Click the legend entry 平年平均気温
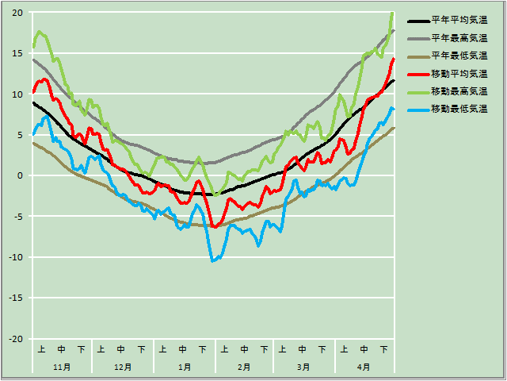459,21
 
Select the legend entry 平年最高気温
459,38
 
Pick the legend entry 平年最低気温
459,56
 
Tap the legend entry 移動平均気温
459,73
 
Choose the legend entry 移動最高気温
459,90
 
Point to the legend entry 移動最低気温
459,108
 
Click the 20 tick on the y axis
17,13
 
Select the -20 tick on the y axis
15,339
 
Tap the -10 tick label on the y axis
15,257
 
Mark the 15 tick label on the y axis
17,53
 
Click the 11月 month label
62,367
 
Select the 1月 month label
184,367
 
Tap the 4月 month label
364,367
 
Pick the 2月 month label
244,367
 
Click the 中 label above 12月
121,349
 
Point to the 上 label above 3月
283,349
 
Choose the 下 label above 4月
384,349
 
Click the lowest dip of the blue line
212,260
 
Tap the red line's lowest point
215,227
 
